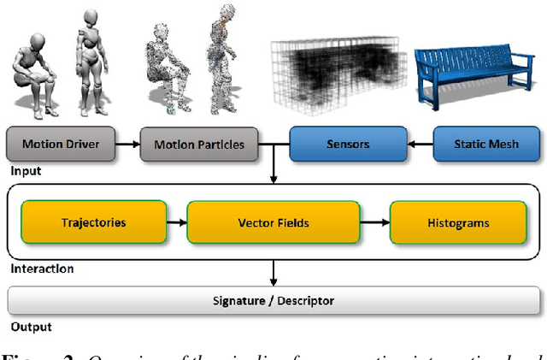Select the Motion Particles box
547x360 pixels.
(x=198, y=144)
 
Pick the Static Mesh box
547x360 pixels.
(x=485, y=144)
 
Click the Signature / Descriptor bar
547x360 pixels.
(x=273, y=300)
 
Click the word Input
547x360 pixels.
(x=26, y=171)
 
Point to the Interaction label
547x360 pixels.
(x=41, y=269)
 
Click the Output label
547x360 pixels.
(x=30, y=327)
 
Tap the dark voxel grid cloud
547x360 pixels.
(x=342, y=77)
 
